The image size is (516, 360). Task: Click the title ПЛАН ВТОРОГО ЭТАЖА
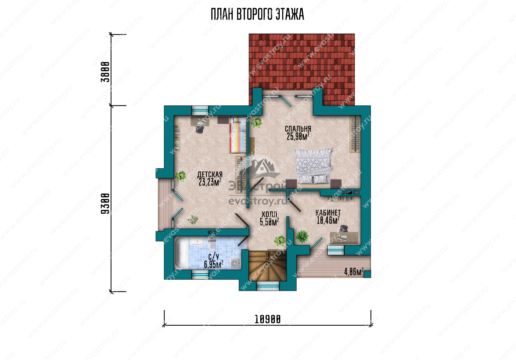pos(257,14)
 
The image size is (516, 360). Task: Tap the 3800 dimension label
pos(105,72)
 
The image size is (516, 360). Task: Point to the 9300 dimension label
pos(105,204)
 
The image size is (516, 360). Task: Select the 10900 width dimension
pos(268,319)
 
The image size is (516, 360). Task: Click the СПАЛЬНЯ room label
pos(298,129)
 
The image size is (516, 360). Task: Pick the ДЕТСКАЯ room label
pos(210,175)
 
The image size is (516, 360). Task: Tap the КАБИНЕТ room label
pos(328,213)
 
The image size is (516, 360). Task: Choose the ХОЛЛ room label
pos(269,214)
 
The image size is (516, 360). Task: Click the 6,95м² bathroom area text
pos(213,265)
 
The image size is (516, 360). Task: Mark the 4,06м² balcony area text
pos(354,272)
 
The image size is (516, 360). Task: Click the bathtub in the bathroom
pos(181,253)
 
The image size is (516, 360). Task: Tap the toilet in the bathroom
pos(212,243)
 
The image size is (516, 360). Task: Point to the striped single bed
pos(238,135)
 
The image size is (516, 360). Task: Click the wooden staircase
pos(268,266)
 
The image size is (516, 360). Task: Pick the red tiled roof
pos(302,69)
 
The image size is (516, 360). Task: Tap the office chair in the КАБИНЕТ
pos(344,229)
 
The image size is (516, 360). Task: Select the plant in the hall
pos(280,240)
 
